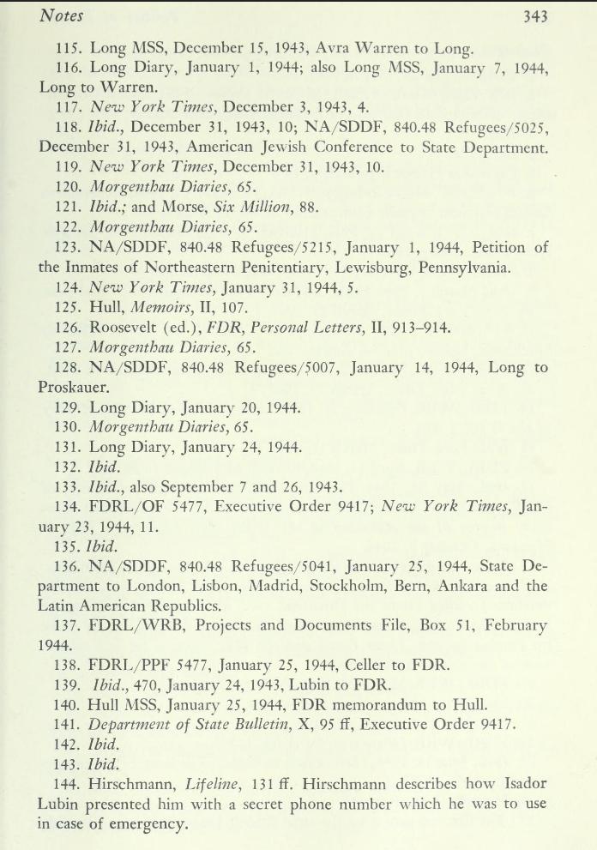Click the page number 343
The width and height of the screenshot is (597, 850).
click(x=531, y=16)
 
